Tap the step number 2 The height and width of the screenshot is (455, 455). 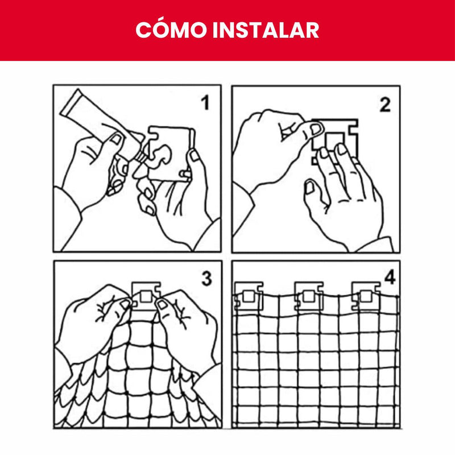[x=384, y=104]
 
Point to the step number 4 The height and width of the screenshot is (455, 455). [x=390, y=278]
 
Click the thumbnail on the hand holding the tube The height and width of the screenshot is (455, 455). [x=116, y=139]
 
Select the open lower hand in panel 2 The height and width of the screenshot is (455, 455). [x=341, y=193]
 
